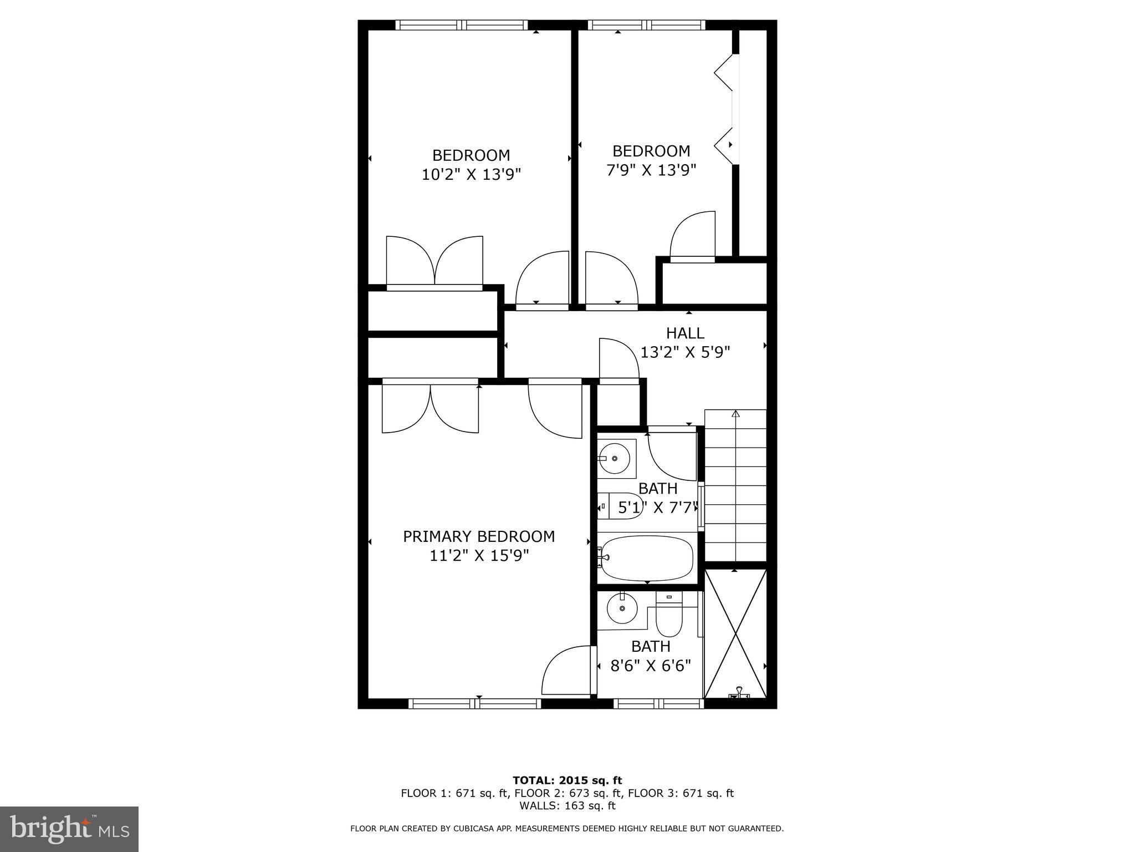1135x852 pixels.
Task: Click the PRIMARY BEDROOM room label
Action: (479, 536)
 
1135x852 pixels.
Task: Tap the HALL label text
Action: (685, 333)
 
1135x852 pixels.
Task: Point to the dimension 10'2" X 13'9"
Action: (471, 175)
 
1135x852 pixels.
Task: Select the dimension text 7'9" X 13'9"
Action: (651, 170)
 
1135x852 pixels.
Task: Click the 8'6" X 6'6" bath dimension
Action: (651, 665)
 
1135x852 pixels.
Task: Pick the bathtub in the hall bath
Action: (647, 558)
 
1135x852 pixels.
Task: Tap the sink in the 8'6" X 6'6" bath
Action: (622, 610)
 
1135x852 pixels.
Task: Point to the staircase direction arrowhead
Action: (735, 414)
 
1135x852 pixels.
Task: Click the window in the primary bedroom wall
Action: (475, 703)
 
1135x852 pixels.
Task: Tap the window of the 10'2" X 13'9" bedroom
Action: (462, 25)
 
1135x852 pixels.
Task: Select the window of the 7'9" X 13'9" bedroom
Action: (646, 25)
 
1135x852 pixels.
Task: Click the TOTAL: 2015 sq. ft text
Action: (567, 780)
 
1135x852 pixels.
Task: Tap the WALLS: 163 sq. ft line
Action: (567, 805)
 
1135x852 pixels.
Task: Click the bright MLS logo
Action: (69, 829)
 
